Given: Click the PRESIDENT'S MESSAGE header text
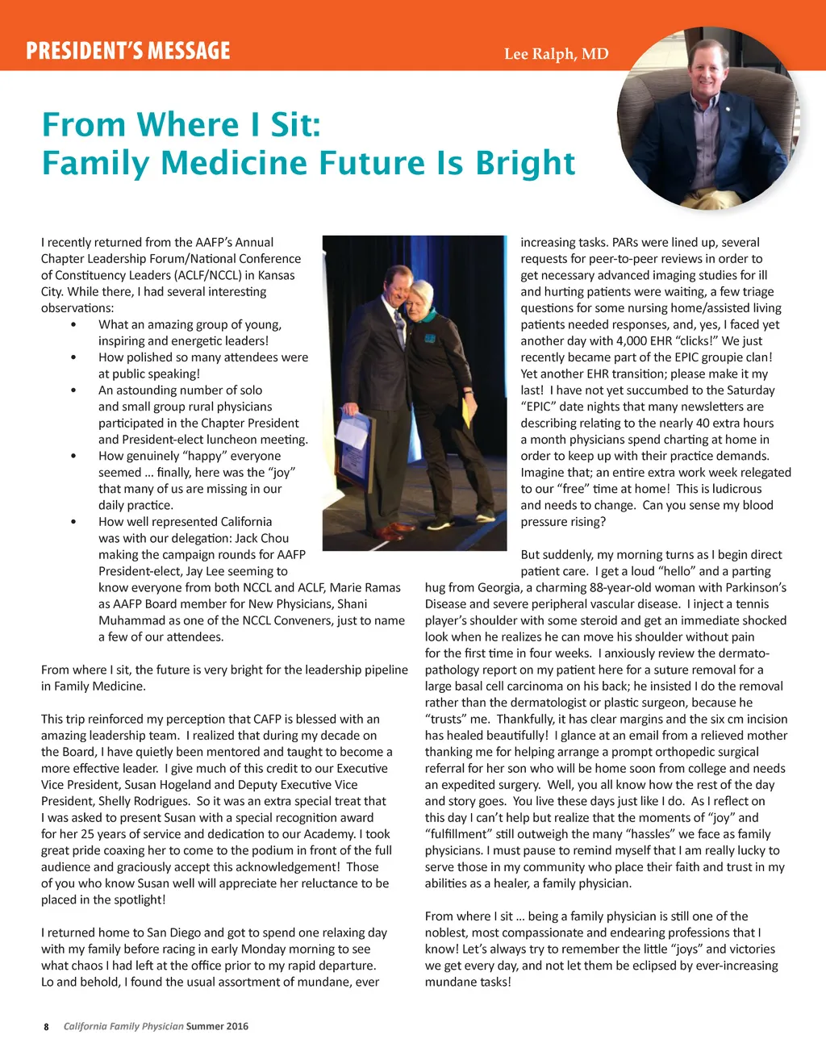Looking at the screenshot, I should pos(127,51).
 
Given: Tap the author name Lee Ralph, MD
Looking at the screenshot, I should pos(556,54).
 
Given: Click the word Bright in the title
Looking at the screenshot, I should pos(525,162).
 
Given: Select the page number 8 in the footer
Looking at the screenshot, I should pos(46,1027).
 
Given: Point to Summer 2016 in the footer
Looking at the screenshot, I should pos(217,1027).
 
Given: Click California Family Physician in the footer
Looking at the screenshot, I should pos(123,1027).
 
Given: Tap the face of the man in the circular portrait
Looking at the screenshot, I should pos(707,69).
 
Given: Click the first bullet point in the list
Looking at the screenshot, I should pos(74,325).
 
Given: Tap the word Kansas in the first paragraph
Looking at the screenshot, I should pos(276,275).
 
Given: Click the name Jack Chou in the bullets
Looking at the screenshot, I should pos(261,538).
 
